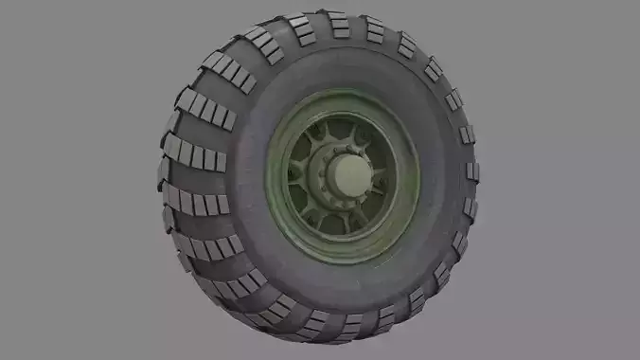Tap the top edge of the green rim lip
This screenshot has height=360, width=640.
pyautogui.click(x=343, y=89)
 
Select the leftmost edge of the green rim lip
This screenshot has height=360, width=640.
pyautogui.click(x=268, y=177)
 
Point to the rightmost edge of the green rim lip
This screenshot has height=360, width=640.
pyautogui.click(x=419, y=176)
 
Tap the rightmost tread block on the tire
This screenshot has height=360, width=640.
pyautogui.click(x=471, y=171)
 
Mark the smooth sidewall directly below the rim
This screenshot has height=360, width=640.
pyautogui.click(x=341, y=289)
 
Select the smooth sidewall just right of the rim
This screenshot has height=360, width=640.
pyautogui.click(x=440, y=176)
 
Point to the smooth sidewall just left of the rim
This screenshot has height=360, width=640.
pyautogui.click(x=248, y=177)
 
